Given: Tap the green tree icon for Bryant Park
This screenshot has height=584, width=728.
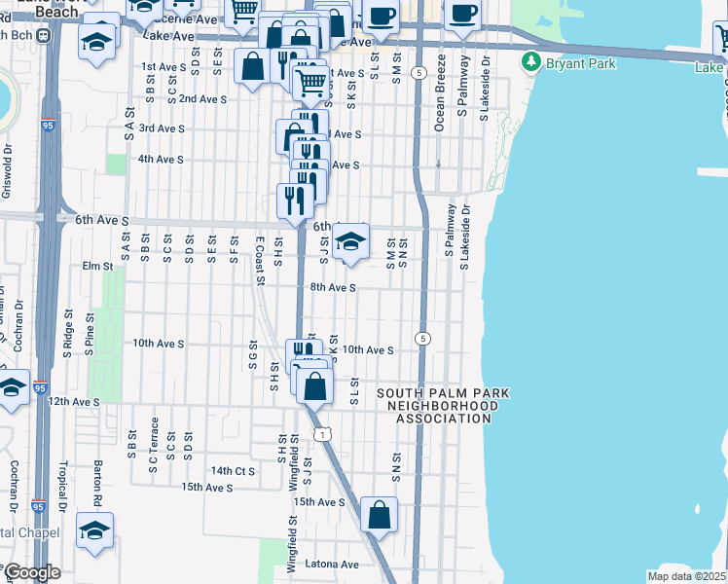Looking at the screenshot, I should (x=530, y=63).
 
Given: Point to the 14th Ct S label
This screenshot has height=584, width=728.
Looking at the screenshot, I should (x=234, y=470).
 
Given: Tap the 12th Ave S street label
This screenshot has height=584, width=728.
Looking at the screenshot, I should (x=75, y=401).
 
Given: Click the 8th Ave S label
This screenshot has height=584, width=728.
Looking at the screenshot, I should (x=333, y=288).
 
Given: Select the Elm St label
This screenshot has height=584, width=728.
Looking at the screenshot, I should (x=98, y=266).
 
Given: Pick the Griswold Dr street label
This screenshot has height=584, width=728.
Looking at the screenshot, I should (x=8, y=172).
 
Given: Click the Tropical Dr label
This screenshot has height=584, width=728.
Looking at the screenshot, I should (x=63, y=485).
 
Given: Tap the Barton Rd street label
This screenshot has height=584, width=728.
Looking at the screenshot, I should (x=97, y=481).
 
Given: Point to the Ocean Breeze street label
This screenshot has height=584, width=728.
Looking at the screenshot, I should (x=440, y=93).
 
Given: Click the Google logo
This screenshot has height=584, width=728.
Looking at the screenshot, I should (x=31, y=572).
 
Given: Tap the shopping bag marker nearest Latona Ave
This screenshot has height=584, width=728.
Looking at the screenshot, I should (x=379, y=514).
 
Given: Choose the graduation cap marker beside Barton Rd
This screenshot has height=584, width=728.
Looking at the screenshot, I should (x=94, y=529).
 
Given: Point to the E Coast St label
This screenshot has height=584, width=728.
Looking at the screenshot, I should (x=259, y=260).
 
